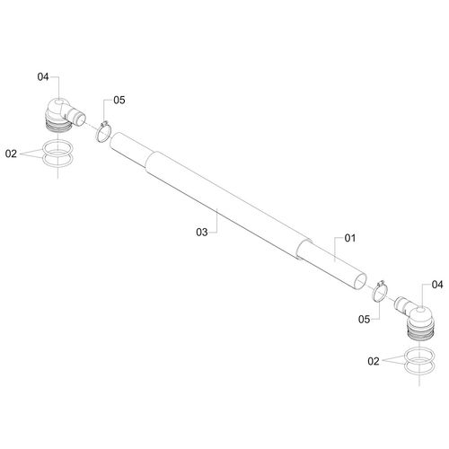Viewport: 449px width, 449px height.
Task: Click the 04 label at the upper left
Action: pyautogui.click(x=43, y=77)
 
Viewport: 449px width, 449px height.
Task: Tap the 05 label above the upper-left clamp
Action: pyautogui.click(x=119, y=101)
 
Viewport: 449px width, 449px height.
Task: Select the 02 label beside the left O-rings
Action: pyautogui.click(x=11, y=154)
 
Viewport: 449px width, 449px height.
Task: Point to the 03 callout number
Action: pyautogui.click(x=202, y=232)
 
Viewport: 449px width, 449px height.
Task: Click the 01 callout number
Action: pyautogui.click(x=350, y=238)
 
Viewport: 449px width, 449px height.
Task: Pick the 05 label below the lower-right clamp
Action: pyautogui.click(x=364, y=320)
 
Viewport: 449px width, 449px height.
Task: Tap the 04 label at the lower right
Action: pyautogui.click(x=437, y=285)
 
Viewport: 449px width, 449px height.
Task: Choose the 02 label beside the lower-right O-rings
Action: pyautogui.click(x=374, y=361)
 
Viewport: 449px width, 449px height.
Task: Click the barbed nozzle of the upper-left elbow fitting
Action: pyautogui.click(x=77, y=117)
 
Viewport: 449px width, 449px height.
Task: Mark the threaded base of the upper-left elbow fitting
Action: pyautogui.click(x=59, y=125)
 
